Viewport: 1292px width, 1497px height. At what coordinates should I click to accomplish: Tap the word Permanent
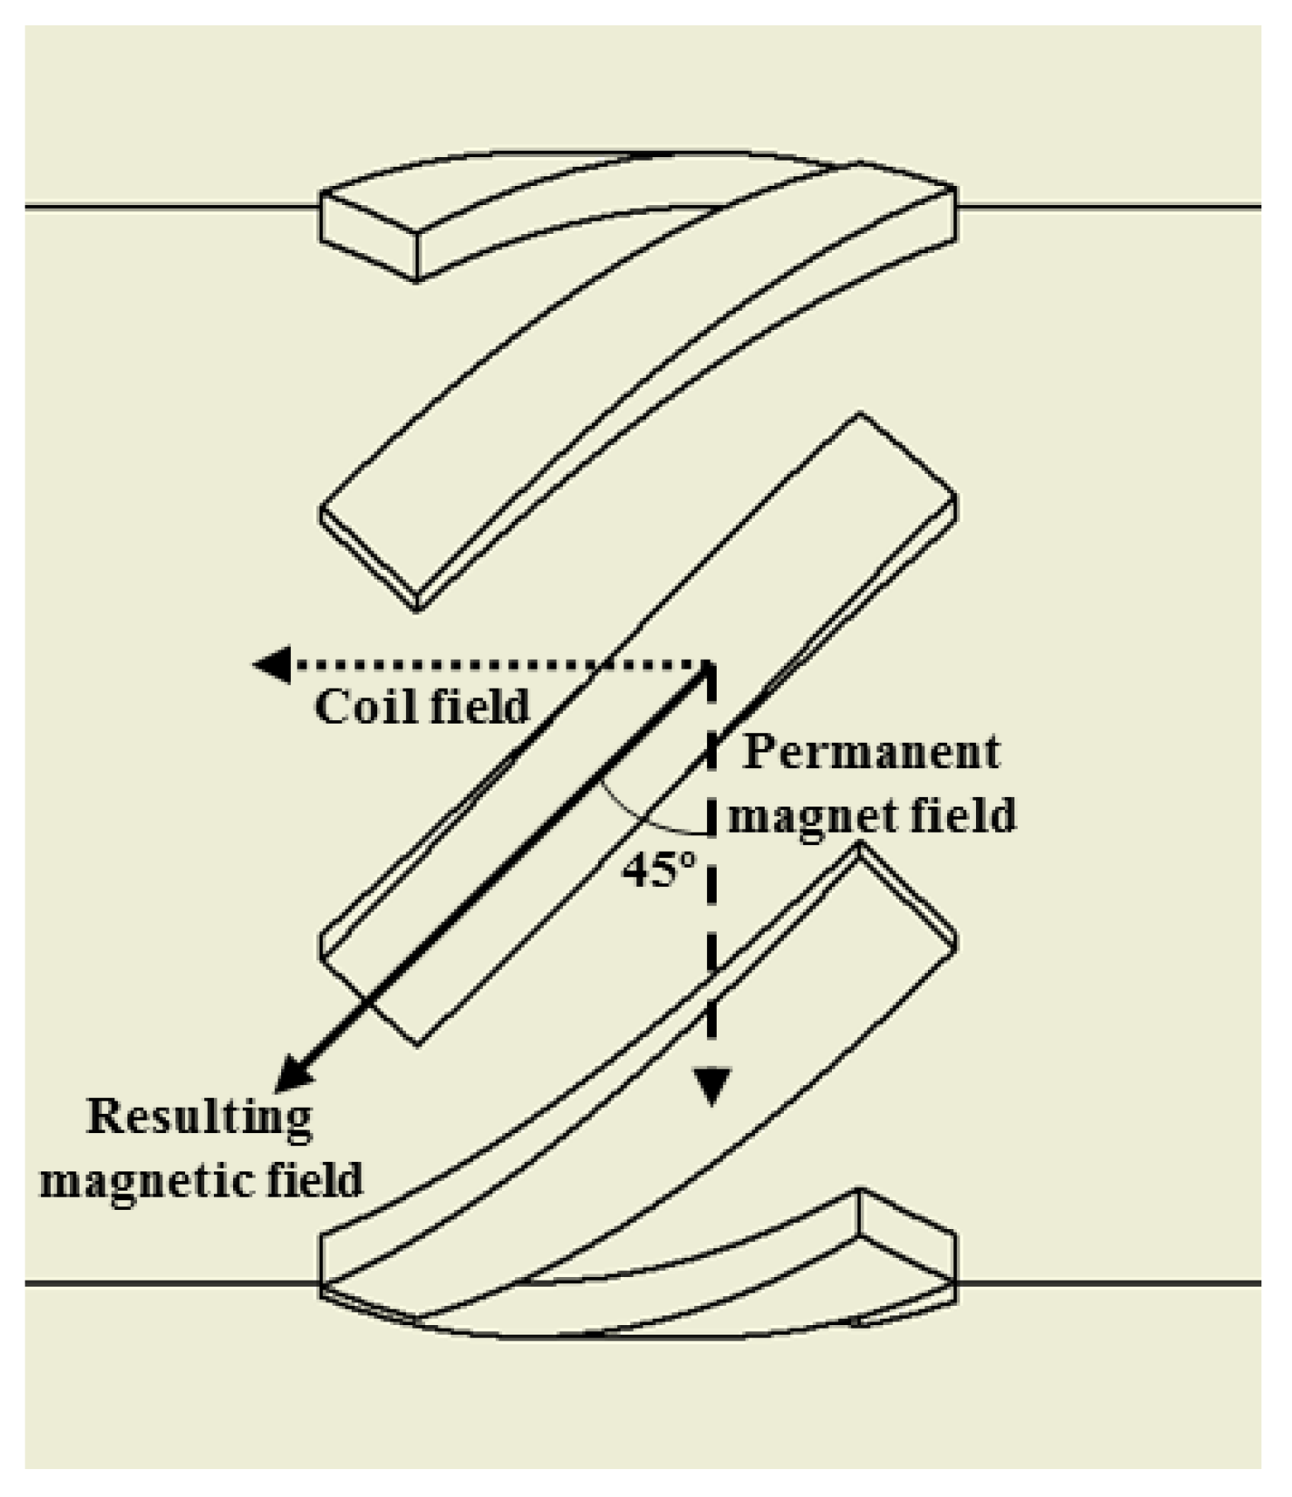tap(870, 752)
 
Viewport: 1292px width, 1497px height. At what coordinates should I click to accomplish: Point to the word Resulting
tap(199, 1117)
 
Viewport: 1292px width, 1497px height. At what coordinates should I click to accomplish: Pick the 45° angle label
tap(659, 869)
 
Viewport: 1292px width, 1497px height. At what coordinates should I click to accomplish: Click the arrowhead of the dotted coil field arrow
tap(271, 665)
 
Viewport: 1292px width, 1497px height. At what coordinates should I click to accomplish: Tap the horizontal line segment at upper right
tap(1109, 207)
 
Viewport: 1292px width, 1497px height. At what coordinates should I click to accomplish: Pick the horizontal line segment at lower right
tap(1109, 1283)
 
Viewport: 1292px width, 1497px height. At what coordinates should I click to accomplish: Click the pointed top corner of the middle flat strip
tap(860, 415)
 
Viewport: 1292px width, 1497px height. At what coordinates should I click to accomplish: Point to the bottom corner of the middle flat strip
tap(417, 1043)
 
